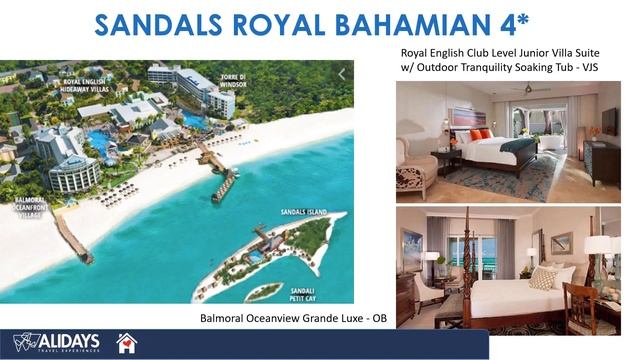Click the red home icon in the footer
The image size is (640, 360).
(x=127, y=343)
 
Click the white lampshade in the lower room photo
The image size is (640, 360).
(x=599, y=245)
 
